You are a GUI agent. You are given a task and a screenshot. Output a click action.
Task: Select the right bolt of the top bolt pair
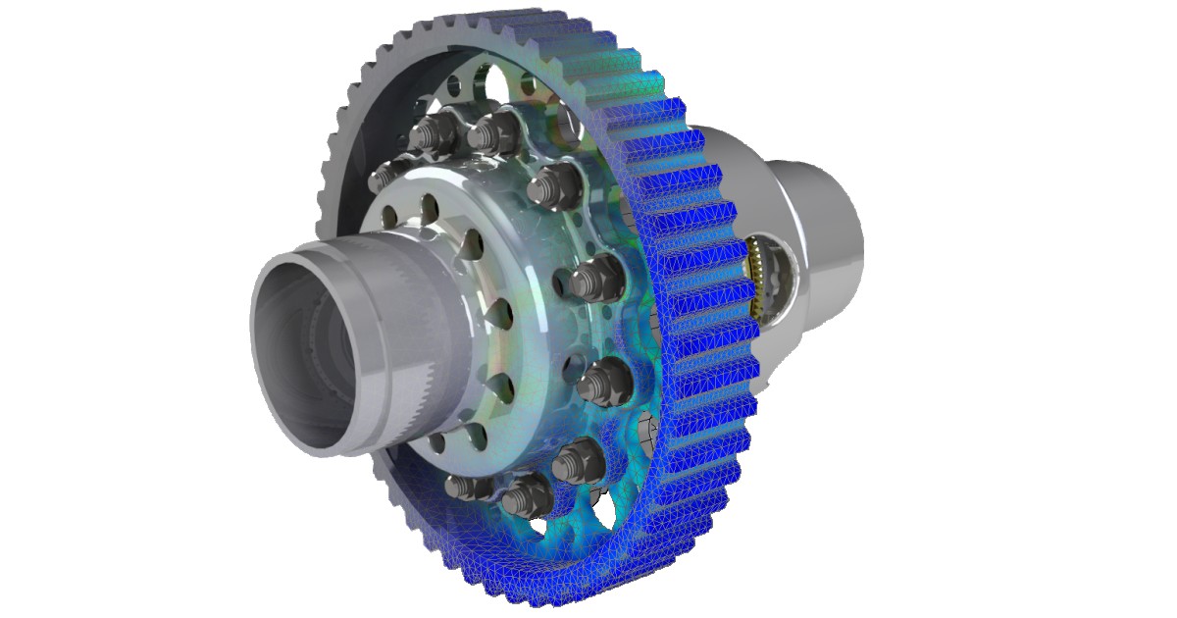[x=495, y=128]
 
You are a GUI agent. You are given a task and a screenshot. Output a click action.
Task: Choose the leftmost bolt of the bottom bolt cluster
[x=461, y=486]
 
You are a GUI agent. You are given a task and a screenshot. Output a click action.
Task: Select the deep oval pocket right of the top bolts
[x=569, y=123]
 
